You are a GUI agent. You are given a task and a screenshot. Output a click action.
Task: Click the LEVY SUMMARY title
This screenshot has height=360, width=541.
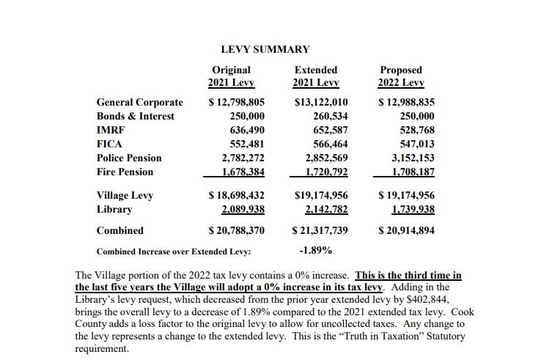tap(265, 49)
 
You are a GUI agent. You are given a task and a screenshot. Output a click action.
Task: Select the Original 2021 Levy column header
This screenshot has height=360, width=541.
tap(231, 76)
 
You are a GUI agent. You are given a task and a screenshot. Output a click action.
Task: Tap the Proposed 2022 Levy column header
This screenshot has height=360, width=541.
tap(401, 76)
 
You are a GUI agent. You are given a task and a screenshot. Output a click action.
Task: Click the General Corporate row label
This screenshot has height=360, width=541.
tap(140, 102)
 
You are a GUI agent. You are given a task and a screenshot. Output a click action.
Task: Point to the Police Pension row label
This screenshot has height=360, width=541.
tap(129, 158)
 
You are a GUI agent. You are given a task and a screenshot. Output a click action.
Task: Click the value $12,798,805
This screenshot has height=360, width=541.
tap(236, 102)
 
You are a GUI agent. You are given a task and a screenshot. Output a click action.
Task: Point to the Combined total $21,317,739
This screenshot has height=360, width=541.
tap(320, 230)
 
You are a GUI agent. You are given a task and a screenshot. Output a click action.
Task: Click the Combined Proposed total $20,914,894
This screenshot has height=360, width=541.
tap(406, 230)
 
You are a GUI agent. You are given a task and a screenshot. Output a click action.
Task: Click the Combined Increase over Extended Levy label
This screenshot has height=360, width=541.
tap(174, 251)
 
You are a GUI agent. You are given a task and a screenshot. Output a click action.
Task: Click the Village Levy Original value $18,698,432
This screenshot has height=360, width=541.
tap(236, 196)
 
